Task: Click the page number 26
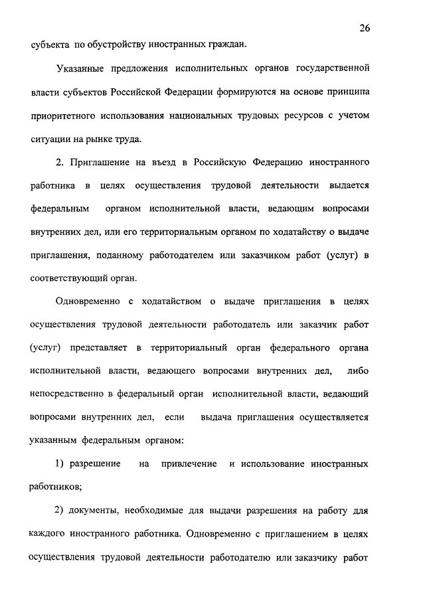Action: [x=364, y=27]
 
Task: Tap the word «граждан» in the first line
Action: [x=224, y=45]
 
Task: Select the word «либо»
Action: [x=357, y=371]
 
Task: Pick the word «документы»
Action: [x=90, y=510]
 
